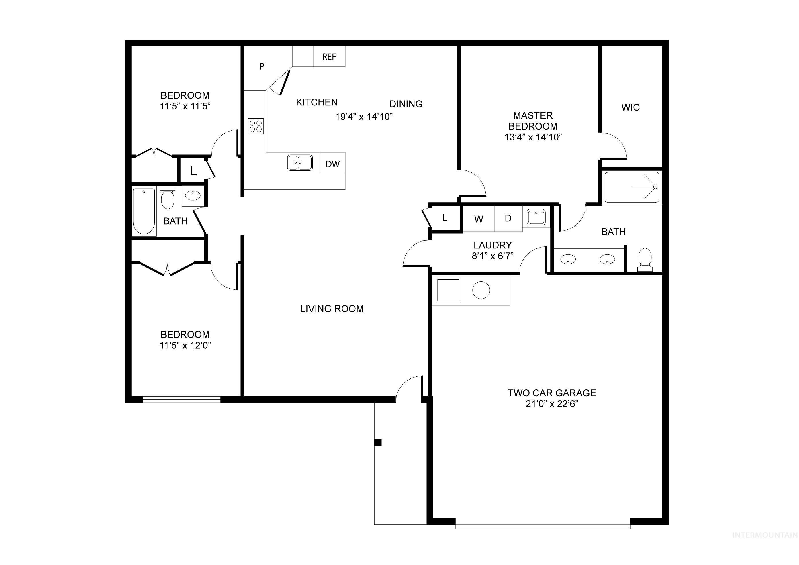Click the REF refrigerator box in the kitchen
click(329, 57)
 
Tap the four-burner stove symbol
click(256, 126)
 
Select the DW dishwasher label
click(332, 164)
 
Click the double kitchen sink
click(300, 163)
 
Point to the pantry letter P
click(262, 66)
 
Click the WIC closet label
click(630, 107)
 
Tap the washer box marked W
click(479, 219)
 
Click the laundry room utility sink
click(536, 217)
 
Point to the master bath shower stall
click(632, 187)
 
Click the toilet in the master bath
click(645, 259)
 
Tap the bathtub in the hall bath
click(144, 211)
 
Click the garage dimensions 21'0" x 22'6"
click(552, 404)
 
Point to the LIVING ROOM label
click(332, 309)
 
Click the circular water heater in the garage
click(481, 290)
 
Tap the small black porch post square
click(378, 443)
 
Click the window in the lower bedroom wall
click(182, 399)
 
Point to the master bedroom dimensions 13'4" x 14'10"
click(533, 137)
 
